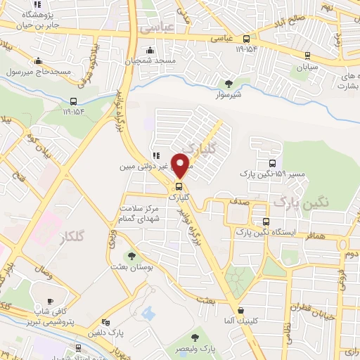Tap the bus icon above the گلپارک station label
coord(179,186)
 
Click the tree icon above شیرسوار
coord(226,83)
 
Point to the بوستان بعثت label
coord(129,268)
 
